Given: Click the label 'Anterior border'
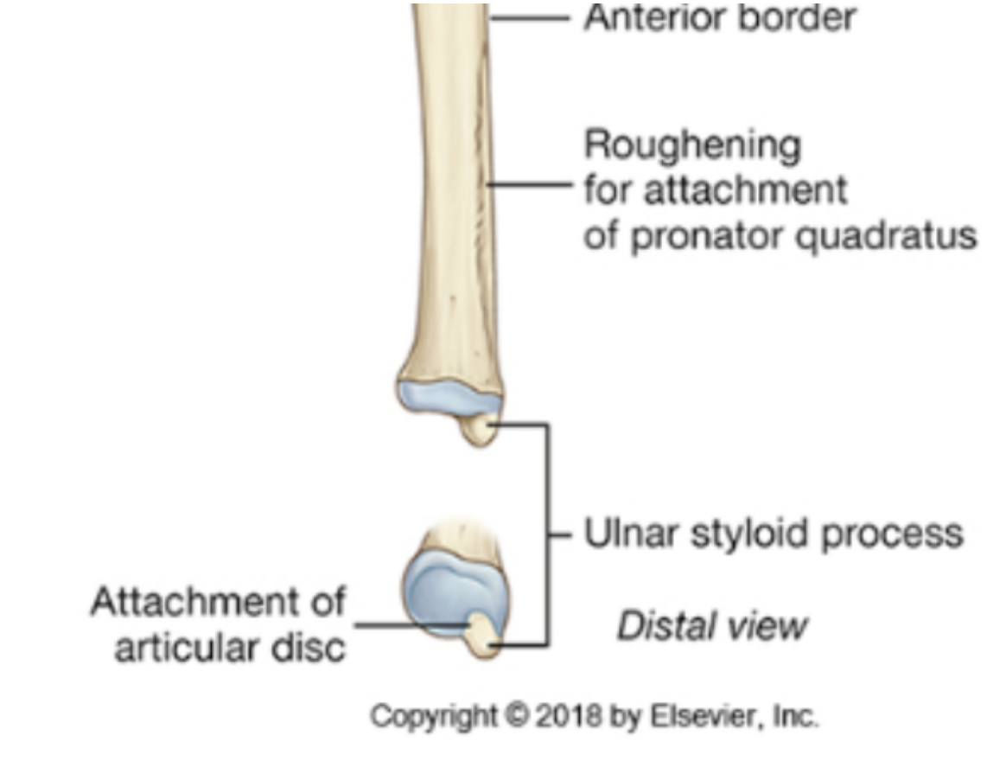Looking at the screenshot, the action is [x=719, y=17].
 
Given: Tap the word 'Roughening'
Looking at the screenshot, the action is [x=691, y=147].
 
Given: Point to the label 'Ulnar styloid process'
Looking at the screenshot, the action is [x=773, y=534].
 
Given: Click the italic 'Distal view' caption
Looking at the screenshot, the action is [x=710, y=626].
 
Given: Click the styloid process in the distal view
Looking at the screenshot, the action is [x=481, y=635].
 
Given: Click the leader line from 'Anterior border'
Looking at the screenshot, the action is [x=529, y=17].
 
